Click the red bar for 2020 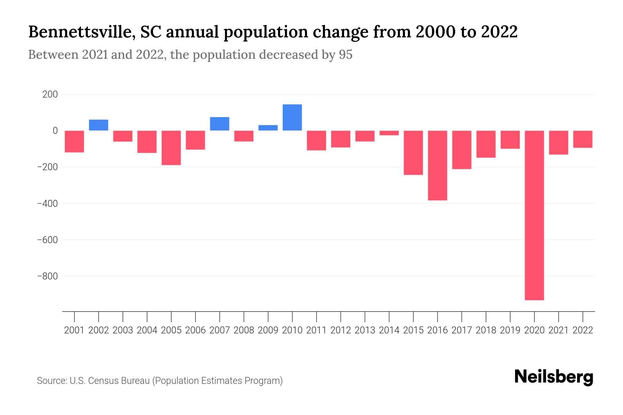534,215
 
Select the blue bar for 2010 292,118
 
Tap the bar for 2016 437,165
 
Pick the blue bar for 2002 99,125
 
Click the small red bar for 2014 389,133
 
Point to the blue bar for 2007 219,124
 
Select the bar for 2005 171,148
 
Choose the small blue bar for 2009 268,128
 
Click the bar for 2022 583,139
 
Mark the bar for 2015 413,153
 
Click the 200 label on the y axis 50,94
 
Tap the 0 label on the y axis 55,131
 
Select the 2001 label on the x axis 74,330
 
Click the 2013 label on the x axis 365,330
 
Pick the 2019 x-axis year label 510,330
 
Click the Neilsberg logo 554,377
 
